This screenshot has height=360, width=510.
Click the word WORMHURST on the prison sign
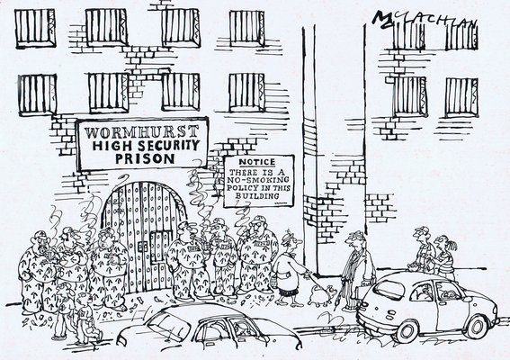[141, 132]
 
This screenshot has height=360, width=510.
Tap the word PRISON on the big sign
[146, 158]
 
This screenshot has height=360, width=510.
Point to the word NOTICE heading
[257, 162]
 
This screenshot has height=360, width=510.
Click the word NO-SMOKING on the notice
[258, 180]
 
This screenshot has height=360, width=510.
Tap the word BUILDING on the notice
[257, 196]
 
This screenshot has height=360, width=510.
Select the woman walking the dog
[289, 268]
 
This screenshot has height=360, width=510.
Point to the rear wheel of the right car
[405, 332]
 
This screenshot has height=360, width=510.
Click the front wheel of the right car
[478, 327]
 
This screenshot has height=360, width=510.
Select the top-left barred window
[35, 28]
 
